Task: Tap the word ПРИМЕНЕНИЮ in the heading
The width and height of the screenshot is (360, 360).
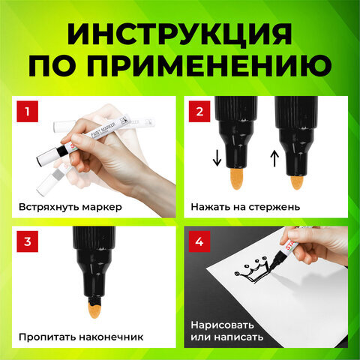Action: coord(209,65)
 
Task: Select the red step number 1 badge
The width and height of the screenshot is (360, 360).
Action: coord(28,112)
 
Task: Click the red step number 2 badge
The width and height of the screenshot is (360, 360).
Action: coord(199,112)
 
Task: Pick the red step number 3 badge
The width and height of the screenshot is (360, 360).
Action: coord(28,241)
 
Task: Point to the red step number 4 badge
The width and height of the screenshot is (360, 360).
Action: coord(199,241)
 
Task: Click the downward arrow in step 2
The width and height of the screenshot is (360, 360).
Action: coord(217,158)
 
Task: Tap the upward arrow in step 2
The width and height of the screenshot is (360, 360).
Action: coord(274,158)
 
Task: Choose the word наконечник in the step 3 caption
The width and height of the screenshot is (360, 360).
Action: coord(111,337)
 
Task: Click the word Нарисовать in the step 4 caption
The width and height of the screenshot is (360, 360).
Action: coord(222,325)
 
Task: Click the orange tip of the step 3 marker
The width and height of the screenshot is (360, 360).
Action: coord(94,310)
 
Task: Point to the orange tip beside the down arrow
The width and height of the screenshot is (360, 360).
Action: coord(236,178)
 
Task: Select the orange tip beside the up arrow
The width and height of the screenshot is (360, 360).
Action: coord(297,182)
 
